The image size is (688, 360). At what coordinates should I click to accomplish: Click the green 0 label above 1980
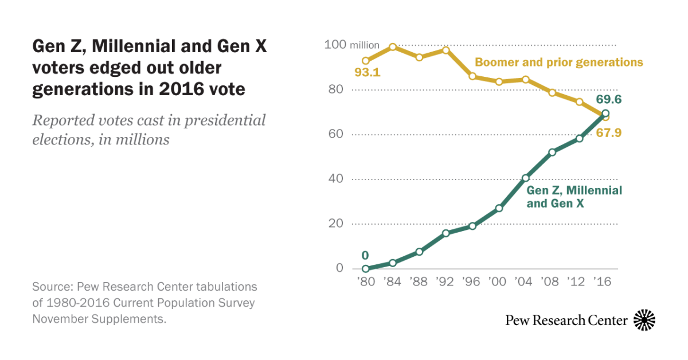(x=365, y=255)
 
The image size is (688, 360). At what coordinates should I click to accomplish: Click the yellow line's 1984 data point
(x=392, y=47)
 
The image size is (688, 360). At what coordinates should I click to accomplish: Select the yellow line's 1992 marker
(x=445, y=50)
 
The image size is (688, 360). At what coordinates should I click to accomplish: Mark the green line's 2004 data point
(x=525, y=178)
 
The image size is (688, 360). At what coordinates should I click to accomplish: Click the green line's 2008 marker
(x=552, y=152)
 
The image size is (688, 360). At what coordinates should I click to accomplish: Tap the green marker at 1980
(x=366, y=268)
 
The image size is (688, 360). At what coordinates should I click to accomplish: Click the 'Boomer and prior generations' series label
(x=558, y=62)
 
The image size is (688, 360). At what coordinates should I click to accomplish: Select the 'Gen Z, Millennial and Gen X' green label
(x=574, y=196)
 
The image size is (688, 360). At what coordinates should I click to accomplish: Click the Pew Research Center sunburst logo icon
(x=644, y=320)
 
